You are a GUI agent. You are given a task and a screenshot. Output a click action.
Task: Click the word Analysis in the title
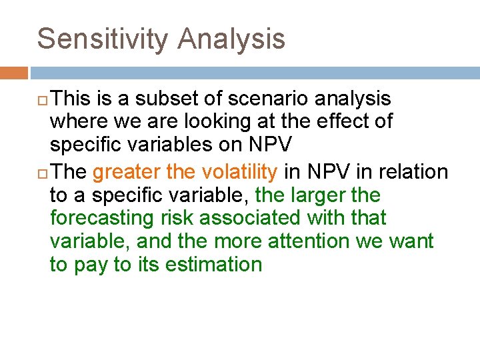coord(231,39)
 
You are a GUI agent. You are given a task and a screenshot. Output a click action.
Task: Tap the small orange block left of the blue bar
coord(13,72)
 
